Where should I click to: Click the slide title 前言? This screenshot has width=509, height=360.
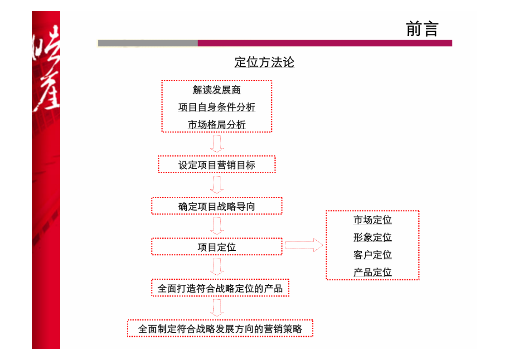pyautogui.click(x=422, y=29)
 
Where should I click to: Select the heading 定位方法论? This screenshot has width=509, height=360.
pyautogui.click(x=264, y=62)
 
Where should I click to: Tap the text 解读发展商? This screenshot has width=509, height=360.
pyautogui.click(x=217, y=90)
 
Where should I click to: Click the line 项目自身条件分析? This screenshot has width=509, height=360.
pyautogui.click(x=217, y=107)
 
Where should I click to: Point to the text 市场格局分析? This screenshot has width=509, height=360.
pyautogui.click(x=217, y=124)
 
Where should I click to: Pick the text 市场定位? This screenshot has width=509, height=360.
pyautogui.click(x=372, y=220)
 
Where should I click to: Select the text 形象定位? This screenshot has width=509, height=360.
pyautogui.click(x=372, y=237)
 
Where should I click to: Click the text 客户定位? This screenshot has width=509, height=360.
pyautogui.click(x=372, y=255)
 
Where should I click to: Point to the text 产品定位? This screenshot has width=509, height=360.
pyautogui.click(x=372, y=272)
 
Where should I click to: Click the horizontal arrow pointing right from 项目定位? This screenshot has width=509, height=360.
pyautogui.click(x=304, y=245)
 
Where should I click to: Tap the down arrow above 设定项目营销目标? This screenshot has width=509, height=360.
pyautogui.click(x=217, y=144)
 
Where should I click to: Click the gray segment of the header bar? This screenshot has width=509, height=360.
pyautogui.click(x=148, y=43)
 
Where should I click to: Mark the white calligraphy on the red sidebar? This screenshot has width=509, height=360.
pyautogui.click(x=46, y=68)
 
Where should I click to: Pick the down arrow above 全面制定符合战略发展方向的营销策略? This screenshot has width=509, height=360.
pyautogui.click(x=217, y=308)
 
